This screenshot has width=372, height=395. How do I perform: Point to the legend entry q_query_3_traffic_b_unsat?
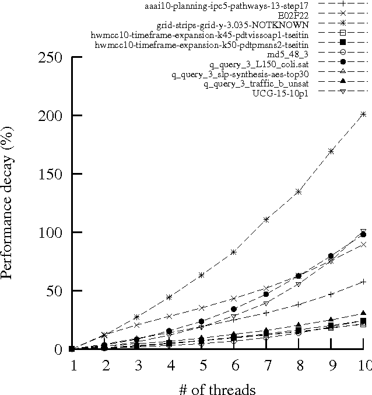click(255, 84)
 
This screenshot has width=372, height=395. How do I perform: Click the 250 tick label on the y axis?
click(51, 57)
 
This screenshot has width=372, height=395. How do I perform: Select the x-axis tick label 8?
click(299, 365)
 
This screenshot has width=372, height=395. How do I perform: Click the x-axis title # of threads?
click(217, 387)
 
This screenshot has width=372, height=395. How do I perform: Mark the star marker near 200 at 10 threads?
click(363, 115)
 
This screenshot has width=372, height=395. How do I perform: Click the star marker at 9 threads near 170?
click(331, 151)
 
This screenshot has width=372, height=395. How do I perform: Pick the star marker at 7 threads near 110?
click(266, 220)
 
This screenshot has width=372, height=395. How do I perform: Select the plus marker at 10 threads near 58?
click(363, 282)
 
